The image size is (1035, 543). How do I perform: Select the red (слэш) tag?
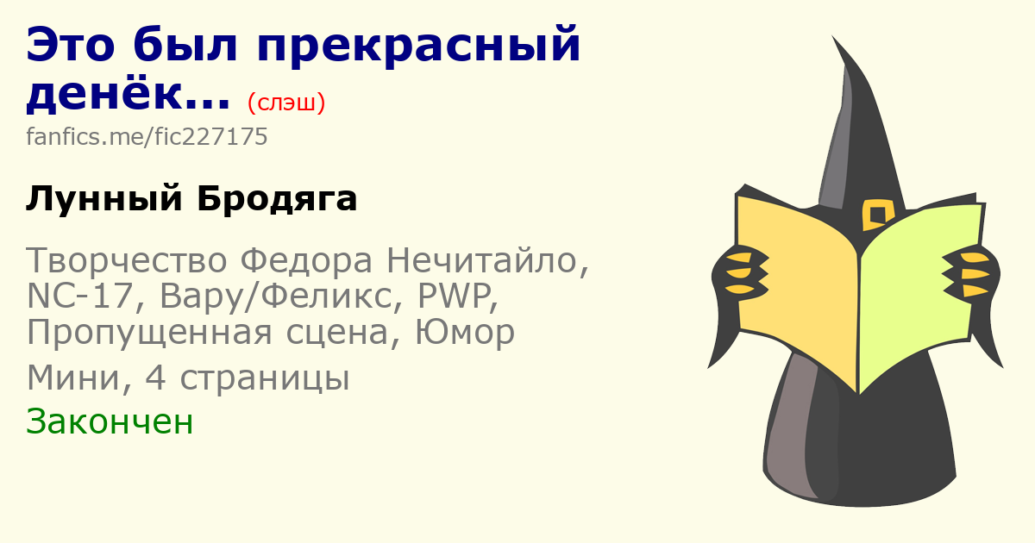[286, 103]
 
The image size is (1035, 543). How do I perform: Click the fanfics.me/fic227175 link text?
[147, 137]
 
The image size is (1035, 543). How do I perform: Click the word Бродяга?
[277, 199]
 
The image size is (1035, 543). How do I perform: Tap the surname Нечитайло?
[487, 261]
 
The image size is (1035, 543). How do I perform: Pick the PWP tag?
[457, 296]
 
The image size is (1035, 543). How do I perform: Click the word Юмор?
[465, 332]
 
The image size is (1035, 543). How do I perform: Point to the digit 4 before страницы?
[155, 378]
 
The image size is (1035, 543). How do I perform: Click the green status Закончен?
[110, 421]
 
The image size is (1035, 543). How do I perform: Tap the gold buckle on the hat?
[878, 215]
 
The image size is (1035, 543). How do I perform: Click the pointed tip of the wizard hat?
[832, 36]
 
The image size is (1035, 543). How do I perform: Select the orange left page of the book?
[797, 286]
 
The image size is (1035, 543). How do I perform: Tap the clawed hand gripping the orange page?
[739, 273]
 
